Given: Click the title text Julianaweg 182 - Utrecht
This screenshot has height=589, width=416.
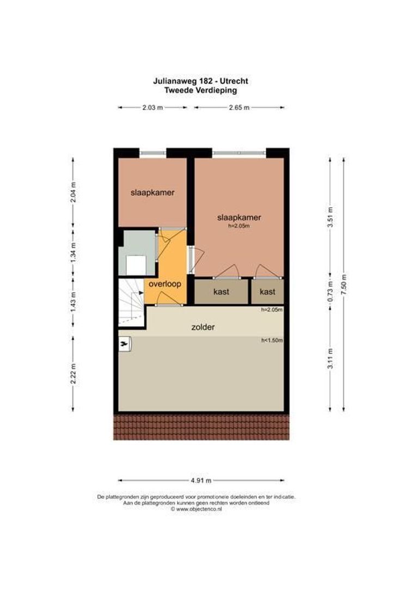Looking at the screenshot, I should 201,81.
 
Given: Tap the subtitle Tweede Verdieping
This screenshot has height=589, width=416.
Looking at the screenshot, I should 201,90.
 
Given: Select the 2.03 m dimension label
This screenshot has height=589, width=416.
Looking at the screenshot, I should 152,107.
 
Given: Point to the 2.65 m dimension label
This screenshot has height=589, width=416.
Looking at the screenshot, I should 238,107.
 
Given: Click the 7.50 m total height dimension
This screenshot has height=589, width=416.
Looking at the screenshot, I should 344,284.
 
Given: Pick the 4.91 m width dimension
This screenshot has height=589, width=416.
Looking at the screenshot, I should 201,480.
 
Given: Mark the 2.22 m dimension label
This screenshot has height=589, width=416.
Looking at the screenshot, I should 74,374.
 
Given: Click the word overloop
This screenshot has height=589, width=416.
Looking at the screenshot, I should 165,284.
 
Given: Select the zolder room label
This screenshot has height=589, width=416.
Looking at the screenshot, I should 203,327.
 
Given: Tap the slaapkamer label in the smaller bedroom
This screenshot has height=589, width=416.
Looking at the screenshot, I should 152,193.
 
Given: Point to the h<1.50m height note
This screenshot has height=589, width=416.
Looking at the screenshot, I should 272,340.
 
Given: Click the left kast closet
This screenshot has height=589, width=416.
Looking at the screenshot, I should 221,292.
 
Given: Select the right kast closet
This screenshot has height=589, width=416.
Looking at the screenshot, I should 267,292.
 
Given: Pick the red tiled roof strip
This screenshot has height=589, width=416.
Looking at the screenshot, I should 201,426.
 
